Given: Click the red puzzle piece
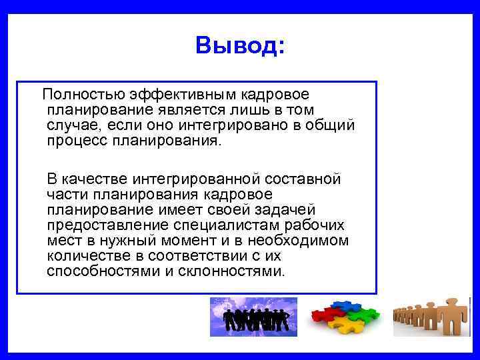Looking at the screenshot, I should (327, 313).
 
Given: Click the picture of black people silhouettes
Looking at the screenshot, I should (253, 317).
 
